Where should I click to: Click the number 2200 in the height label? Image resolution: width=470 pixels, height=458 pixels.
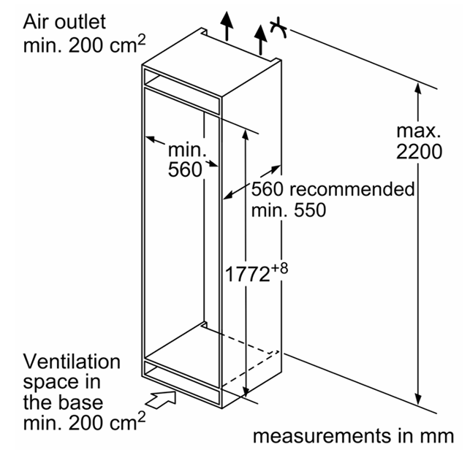(x=419, y=151)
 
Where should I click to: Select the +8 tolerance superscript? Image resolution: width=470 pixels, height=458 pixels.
(x=279, y=267)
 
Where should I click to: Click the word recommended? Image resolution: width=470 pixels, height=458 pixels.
(x=352, y=189)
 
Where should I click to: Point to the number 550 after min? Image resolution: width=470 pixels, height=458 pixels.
(x=310, y=210)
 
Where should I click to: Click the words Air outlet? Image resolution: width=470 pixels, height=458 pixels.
(x=64, y=22)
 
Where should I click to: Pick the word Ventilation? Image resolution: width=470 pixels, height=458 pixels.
(x=72, y=362)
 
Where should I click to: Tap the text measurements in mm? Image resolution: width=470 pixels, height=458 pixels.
(x=353, y=436)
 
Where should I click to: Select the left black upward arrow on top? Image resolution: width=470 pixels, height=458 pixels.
(x=227, y=26)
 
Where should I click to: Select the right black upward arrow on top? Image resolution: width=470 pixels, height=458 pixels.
(x=260, y=40)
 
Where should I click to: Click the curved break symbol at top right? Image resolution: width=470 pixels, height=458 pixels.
(x=278, y=28)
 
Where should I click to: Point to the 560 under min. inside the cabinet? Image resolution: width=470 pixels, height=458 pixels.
(x=185, y=169)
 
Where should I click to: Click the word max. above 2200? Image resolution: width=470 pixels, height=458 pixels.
(x=419, y=131)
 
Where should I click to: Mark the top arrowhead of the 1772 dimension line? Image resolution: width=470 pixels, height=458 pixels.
(x=246, y=136)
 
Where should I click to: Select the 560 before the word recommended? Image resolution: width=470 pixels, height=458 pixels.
(x=267, y=189)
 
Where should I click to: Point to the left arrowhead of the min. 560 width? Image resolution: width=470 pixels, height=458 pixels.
(x=151, y=139)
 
